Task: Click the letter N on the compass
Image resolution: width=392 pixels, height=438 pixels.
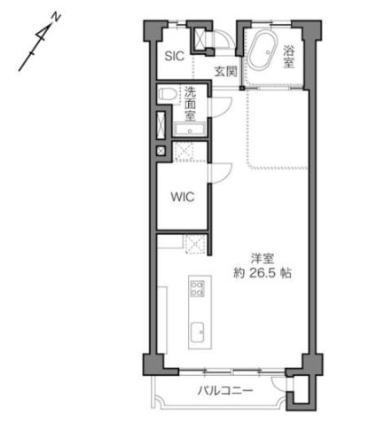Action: (x=55, y=17)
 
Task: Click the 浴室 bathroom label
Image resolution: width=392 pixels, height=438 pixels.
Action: (x=289, y=57)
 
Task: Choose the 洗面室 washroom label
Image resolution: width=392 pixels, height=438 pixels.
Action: (x=190, y=101)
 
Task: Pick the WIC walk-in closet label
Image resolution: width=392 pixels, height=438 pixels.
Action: (x=183, y=197)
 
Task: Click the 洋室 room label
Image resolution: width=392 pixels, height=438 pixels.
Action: (x=260, y=259)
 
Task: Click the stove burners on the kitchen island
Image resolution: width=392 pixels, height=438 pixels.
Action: (x=197, y=289)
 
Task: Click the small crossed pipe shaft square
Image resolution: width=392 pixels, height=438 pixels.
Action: (x=161, y=152)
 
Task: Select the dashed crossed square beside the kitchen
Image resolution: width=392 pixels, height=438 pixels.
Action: (x=194, y=242)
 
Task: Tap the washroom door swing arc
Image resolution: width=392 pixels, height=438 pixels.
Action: (x=222, y=106)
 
